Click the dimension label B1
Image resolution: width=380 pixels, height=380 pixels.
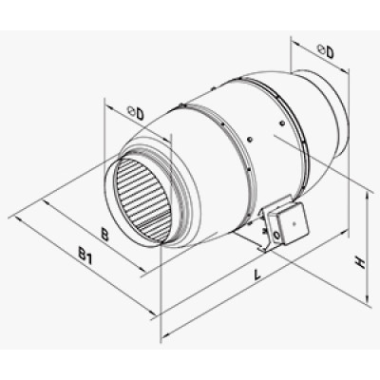[x=85, y=256]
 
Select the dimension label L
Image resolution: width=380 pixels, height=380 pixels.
[x=257, y=274]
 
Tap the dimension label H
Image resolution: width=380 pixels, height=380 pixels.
[x=360, y=262]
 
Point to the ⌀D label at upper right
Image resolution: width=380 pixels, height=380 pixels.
[x=326, y=51]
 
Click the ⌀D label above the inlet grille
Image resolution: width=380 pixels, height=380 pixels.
[x=136, y=113]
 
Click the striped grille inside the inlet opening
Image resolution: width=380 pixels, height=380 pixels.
[x=141, y=197]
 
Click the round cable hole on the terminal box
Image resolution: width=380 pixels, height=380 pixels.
[x=276, y=235]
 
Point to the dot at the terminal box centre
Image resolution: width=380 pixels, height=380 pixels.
[x=294, y=223]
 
